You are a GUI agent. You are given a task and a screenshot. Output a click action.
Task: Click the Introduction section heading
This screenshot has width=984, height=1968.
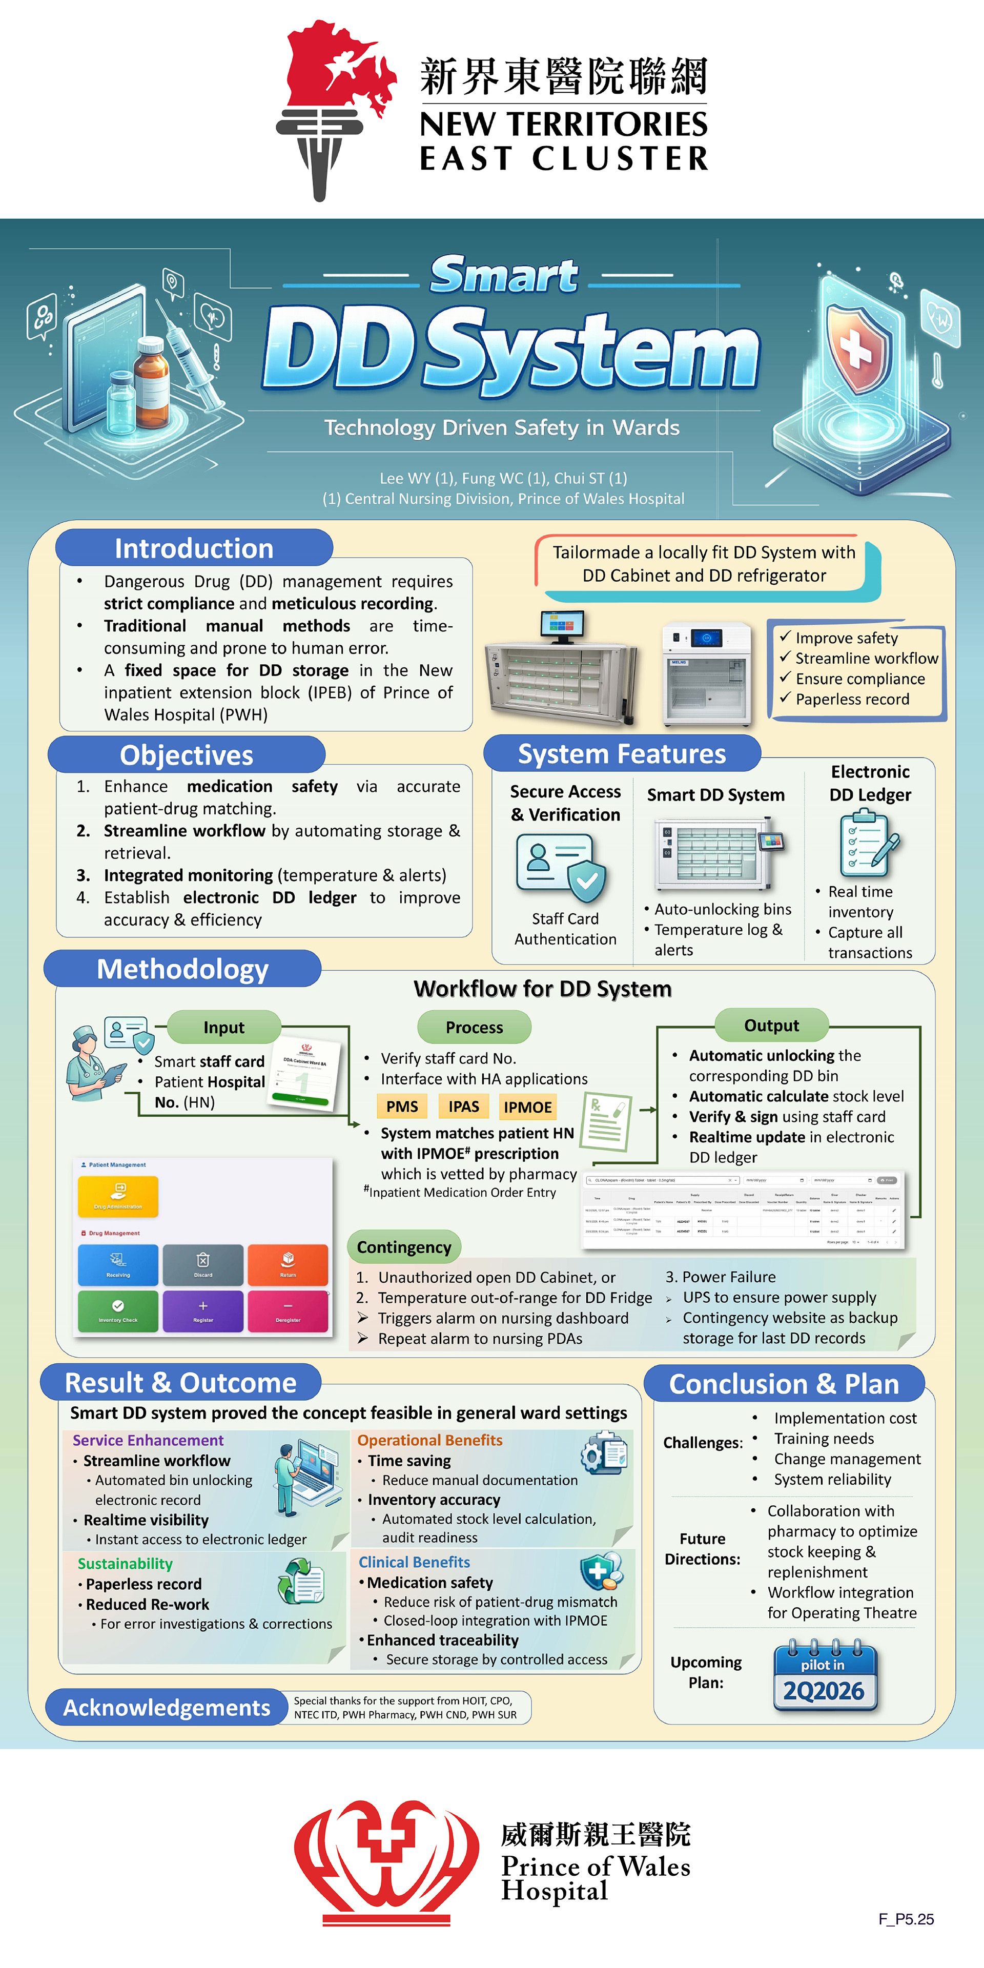[194, 548]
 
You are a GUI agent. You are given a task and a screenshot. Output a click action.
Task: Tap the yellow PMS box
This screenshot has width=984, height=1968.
[402, 1106]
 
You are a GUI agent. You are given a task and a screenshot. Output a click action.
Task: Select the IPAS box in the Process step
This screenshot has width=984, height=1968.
[464, 1106]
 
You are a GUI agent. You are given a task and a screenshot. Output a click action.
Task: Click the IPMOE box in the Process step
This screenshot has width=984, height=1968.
[527, 1107]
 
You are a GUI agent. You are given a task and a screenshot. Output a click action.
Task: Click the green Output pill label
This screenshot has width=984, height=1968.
[772, 1025]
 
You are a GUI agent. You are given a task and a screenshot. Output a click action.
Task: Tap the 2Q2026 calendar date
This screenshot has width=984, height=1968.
[824, 1691]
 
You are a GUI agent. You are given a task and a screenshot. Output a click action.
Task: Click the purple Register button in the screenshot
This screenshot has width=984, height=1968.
[203, 1311]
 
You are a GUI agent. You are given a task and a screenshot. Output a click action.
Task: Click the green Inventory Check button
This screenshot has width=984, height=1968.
[118, 1311]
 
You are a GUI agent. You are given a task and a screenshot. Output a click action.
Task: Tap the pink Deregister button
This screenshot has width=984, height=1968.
[288, 1311]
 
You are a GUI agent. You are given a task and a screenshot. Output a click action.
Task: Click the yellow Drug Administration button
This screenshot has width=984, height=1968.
[118, 1196]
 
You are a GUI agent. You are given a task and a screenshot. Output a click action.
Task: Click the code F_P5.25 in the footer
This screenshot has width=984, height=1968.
[906, 1918]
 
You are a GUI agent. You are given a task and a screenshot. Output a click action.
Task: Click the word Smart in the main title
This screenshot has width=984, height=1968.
[504, 275]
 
